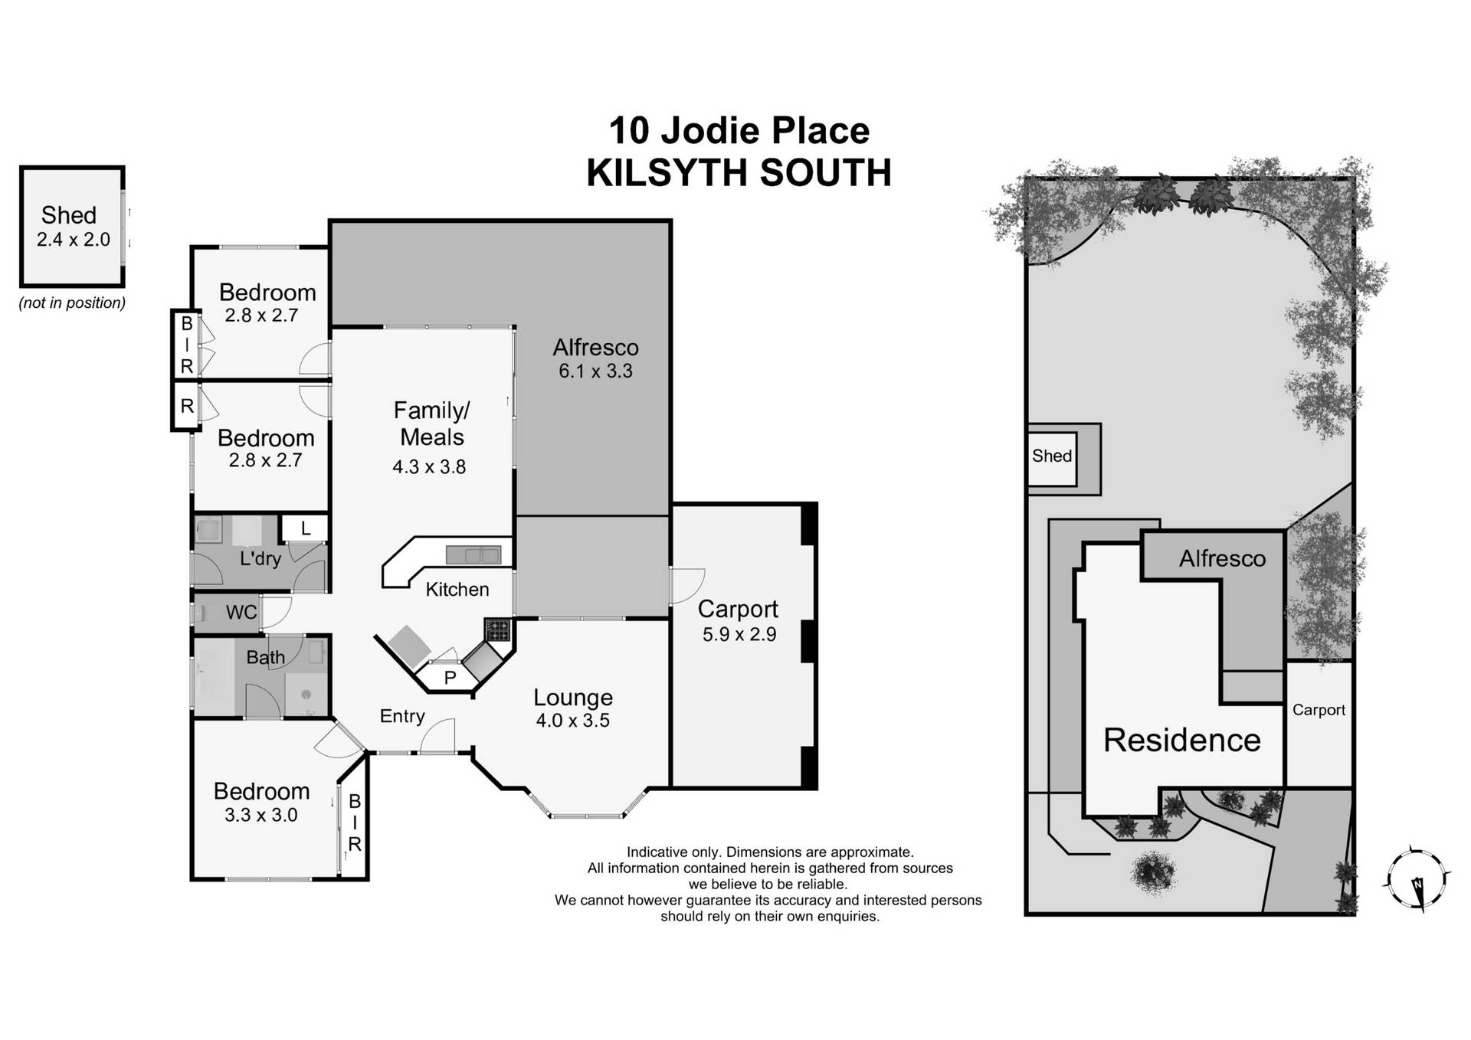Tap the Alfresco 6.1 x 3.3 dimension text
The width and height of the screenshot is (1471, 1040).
595,371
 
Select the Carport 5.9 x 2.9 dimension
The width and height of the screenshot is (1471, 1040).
739,634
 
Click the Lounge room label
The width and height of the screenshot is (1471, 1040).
573,698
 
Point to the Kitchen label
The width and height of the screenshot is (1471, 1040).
457,589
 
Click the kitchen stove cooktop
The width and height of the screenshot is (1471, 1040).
497,630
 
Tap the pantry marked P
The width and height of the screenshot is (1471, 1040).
450,678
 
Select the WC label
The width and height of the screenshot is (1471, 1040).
241,612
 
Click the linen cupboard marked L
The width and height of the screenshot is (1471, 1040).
306,528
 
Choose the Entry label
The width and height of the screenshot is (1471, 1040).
402,716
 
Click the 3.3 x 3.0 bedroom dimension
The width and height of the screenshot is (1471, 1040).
260,815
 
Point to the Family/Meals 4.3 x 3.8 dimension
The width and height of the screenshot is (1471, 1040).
429,466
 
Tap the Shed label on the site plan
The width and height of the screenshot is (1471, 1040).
1051,456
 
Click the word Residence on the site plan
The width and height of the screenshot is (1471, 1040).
1181,740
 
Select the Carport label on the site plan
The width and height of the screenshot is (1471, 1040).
1319,710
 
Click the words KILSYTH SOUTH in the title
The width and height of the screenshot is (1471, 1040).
739,173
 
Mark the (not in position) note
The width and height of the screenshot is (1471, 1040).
72,303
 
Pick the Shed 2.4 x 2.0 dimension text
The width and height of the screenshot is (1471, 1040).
74,240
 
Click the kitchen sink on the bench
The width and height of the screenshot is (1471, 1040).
473,554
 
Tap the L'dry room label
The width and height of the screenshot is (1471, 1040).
260,558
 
